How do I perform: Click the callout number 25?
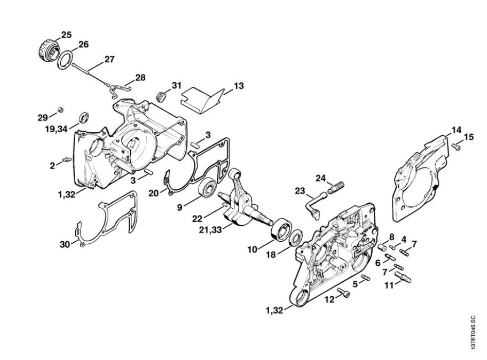66,35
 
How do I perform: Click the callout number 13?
238,86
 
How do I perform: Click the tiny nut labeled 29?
60,109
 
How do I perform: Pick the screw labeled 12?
343,293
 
